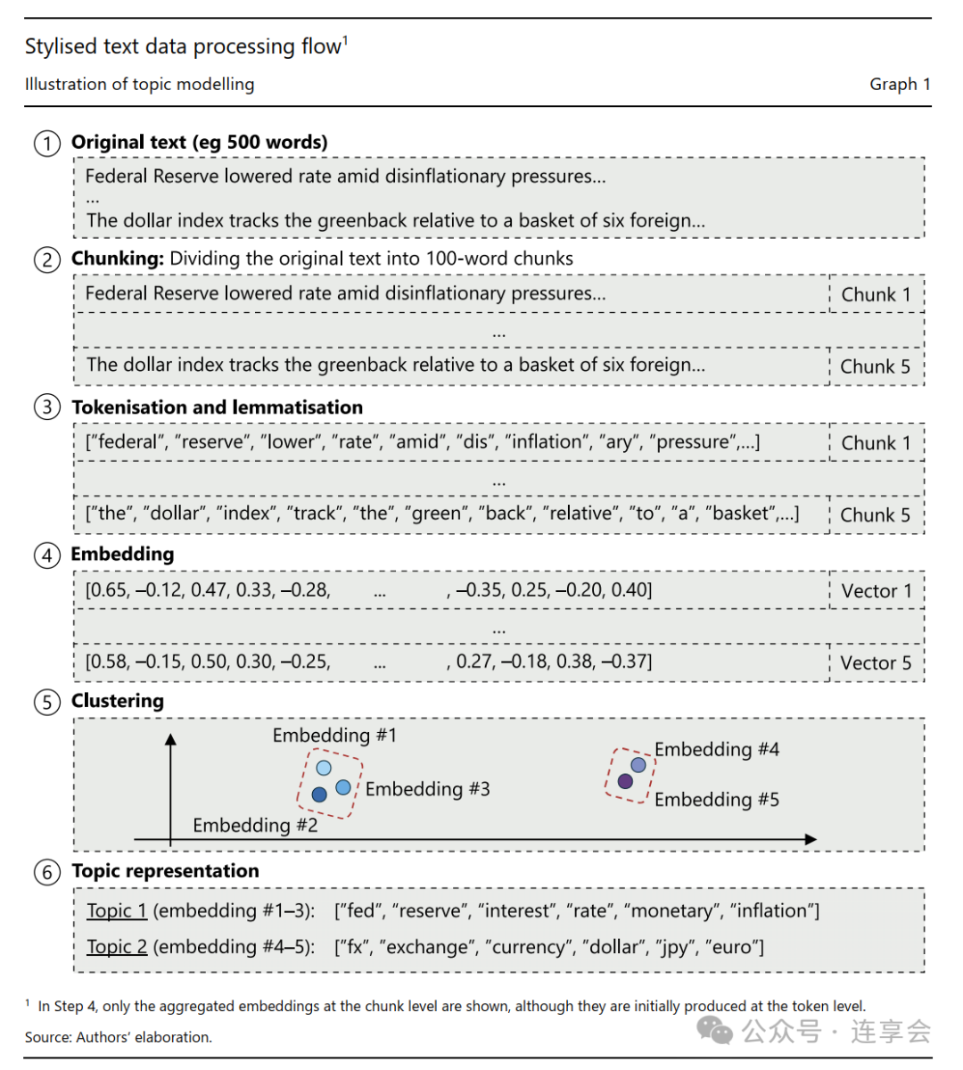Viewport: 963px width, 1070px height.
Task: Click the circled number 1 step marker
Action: click(x=47, y=144)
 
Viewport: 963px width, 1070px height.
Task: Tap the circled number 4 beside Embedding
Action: click(x=47, y=556)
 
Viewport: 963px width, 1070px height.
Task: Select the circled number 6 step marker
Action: click(x=47, y=872)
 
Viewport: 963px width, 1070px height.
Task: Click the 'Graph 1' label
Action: click(x=900, y=85)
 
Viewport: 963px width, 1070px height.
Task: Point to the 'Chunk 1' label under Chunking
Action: click(x=876, y=295)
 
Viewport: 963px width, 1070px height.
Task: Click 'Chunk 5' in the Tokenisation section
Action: click(x=876, y=515)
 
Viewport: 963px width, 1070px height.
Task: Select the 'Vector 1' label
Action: click(x=877, y=591)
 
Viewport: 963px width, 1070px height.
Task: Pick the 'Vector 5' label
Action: click(x=877, y=663)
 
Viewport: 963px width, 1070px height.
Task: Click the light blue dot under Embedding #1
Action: click(x=324, y=768)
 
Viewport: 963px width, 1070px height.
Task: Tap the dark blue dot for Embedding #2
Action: click(x=319, y=794)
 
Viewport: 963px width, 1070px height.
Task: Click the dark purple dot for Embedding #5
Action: click(x=625, y=781)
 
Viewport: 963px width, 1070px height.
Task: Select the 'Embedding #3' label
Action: click(x=427, y=789)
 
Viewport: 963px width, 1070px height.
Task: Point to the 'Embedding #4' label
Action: click(x=717, y=750)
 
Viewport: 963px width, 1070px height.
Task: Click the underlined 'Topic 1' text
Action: click(x=117, y=911)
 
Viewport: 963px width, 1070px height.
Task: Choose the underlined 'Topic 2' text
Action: click(x=117, y=947)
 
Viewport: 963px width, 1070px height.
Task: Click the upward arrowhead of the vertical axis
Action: click(x=170, y=739)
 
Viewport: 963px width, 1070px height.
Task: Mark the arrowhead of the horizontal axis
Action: click(x=811, y=839)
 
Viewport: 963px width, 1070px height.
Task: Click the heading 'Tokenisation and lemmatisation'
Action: click(x=218, y=407)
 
